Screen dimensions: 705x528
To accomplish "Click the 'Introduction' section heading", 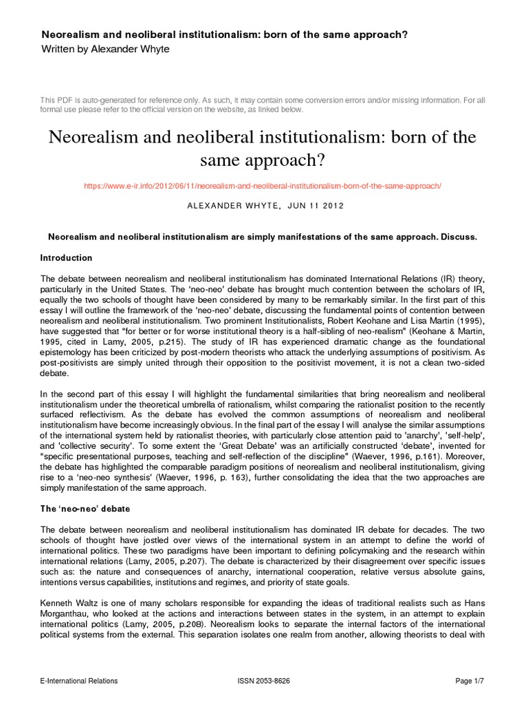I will [x=67, y=258].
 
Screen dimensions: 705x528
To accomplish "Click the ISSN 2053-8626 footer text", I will [x=263, y=681].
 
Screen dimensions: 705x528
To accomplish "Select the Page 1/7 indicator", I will [x=471, y=681].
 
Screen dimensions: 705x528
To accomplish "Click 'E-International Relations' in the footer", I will [x=79, y=681].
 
